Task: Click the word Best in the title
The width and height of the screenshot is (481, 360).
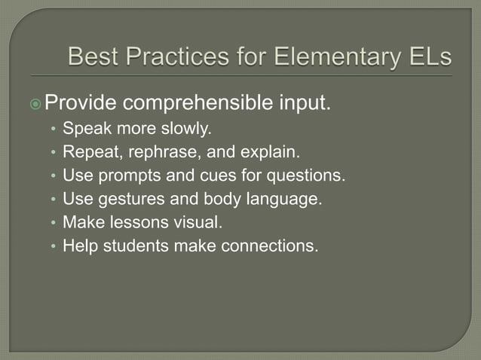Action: [93, 56]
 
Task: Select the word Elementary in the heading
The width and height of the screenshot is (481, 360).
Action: [332, 56]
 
